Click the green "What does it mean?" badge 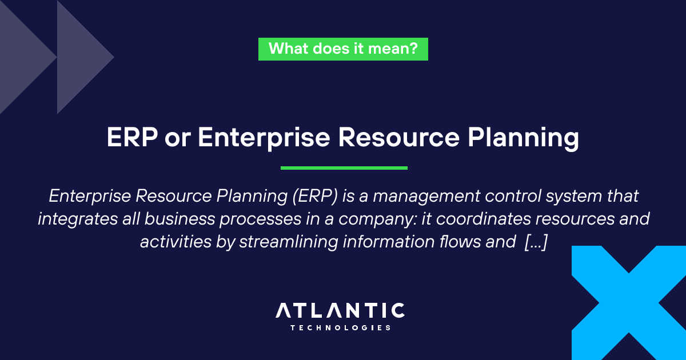[x=343, y=49]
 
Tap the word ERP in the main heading [x=132, y=138]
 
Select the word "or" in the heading [x=178, y=140]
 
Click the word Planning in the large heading [x=523, y=139]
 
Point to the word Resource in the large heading [x=399, y=138]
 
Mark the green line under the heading [x=344, y=168]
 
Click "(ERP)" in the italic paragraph [x=315, y=196]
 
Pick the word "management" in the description [x=426, y=197]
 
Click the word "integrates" [x=78, y=219]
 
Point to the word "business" [x=180, y=219]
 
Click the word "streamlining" [x=288, y=242]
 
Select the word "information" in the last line [x=388, y=242]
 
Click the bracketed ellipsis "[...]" [x=536, y=242]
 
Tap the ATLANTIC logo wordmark [x=340, y=311]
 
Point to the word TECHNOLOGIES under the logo [x=340, y=328]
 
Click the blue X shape [x=629, y=303]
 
